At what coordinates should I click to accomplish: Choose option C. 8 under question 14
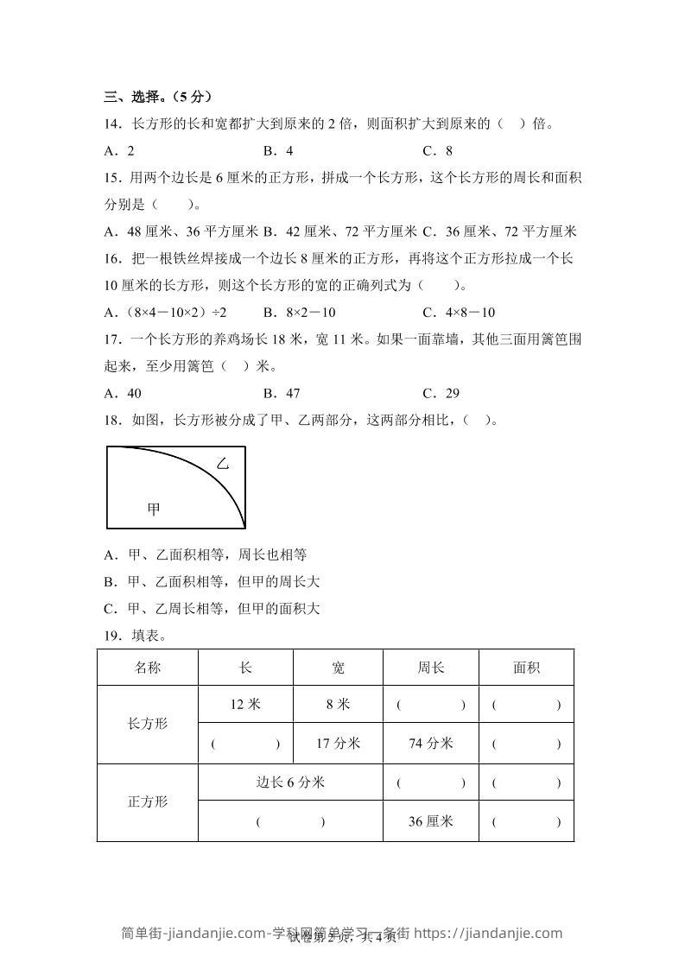(437, 150)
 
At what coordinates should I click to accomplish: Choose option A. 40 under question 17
(123, 393)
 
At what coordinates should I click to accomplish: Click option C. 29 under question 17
(441, 393)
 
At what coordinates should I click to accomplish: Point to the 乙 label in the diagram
(223, 464)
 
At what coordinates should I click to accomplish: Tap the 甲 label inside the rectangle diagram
(154, 510)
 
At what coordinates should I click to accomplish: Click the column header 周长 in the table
(430, 668)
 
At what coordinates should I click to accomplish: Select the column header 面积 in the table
(526, 668)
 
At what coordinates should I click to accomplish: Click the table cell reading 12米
(245, 705)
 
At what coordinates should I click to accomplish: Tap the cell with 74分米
(430, 744)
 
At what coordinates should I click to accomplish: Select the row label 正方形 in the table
(148, 801)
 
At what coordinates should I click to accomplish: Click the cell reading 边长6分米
(290, 782)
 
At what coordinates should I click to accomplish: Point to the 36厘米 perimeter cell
(430, 821)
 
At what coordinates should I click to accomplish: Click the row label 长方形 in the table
(148, 724)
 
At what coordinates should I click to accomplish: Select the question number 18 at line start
(113, 421)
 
